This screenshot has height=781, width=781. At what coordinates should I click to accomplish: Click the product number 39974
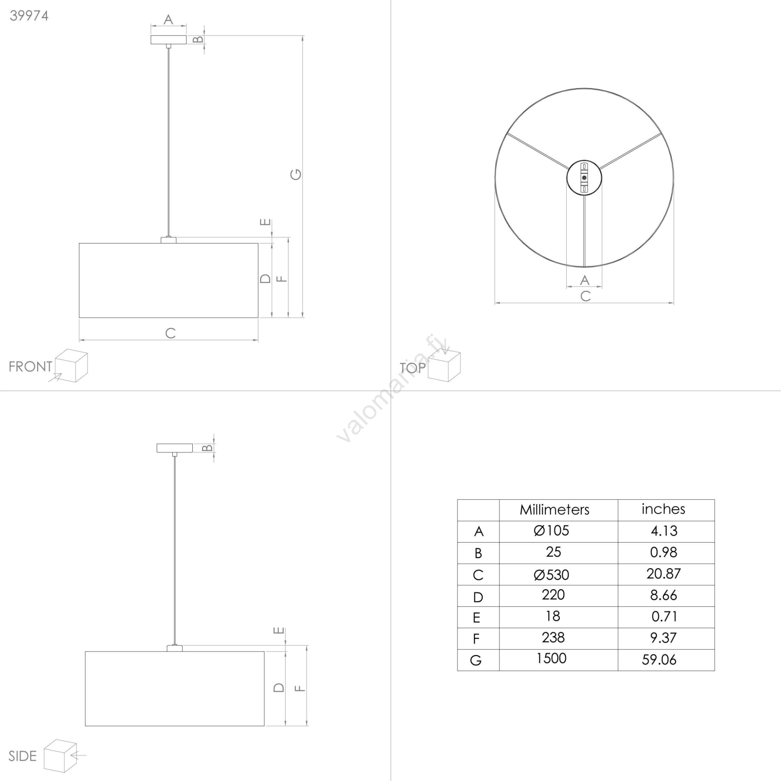[x=29, y=16]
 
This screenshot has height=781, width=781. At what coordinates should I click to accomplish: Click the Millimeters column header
[x=555, y=510]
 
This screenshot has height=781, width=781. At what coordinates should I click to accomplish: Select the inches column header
[x=663, y=509]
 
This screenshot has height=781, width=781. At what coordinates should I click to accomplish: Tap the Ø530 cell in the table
[x=552, y=575]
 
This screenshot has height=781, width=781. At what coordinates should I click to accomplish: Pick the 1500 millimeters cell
[x=552, y=658]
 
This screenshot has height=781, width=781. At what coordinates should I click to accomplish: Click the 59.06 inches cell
[x=659, y=660]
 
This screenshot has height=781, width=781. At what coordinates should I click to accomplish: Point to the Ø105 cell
[x=552, y=531]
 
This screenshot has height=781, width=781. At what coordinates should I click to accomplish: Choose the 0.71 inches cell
[x=664, y=617]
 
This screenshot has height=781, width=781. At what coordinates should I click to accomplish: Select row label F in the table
[x=476, y=639]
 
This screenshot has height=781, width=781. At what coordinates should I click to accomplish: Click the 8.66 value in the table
[x=663, y=595]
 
